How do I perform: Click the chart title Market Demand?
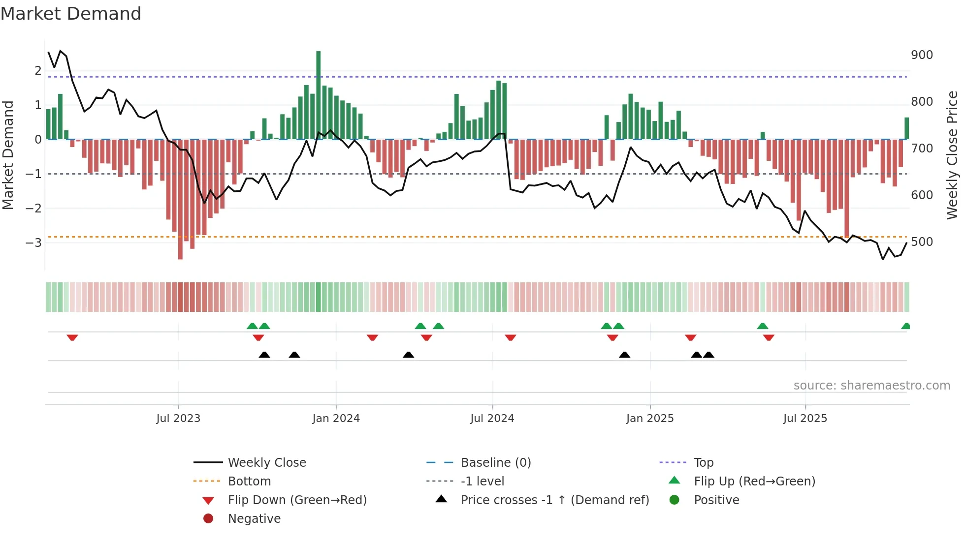coord(71,14)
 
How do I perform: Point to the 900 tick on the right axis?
coord(922,55)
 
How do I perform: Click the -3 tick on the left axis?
coord(33,243)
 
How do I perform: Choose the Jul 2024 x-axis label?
coord(492,419)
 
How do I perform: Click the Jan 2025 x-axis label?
coord(649,419)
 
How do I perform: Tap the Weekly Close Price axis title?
coord(952,155)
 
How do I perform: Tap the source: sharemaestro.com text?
coord(871,386)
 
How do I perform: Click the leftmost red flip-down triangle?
coord(72,337)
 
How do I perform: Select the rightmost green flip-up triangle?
coord(905,326)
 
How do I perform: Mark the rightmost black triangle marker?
coord(708,355)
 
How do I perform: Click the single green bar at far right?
coord(906,128)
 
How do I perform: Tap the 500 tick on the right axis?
coord(922,242)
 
